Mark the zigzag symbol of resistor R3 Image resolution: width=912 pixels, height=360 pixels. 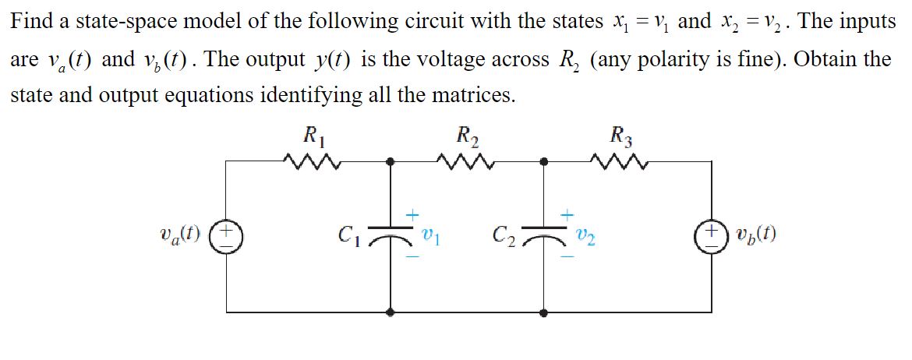[621, 161]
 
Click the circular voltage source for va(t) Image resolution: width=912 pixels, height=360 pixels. [227, 235]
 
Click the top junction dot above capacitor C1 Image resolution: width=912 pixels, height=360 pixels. [390, 161]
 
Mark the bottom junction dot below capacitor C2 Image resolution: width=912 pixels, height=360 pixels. [546, 311]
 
